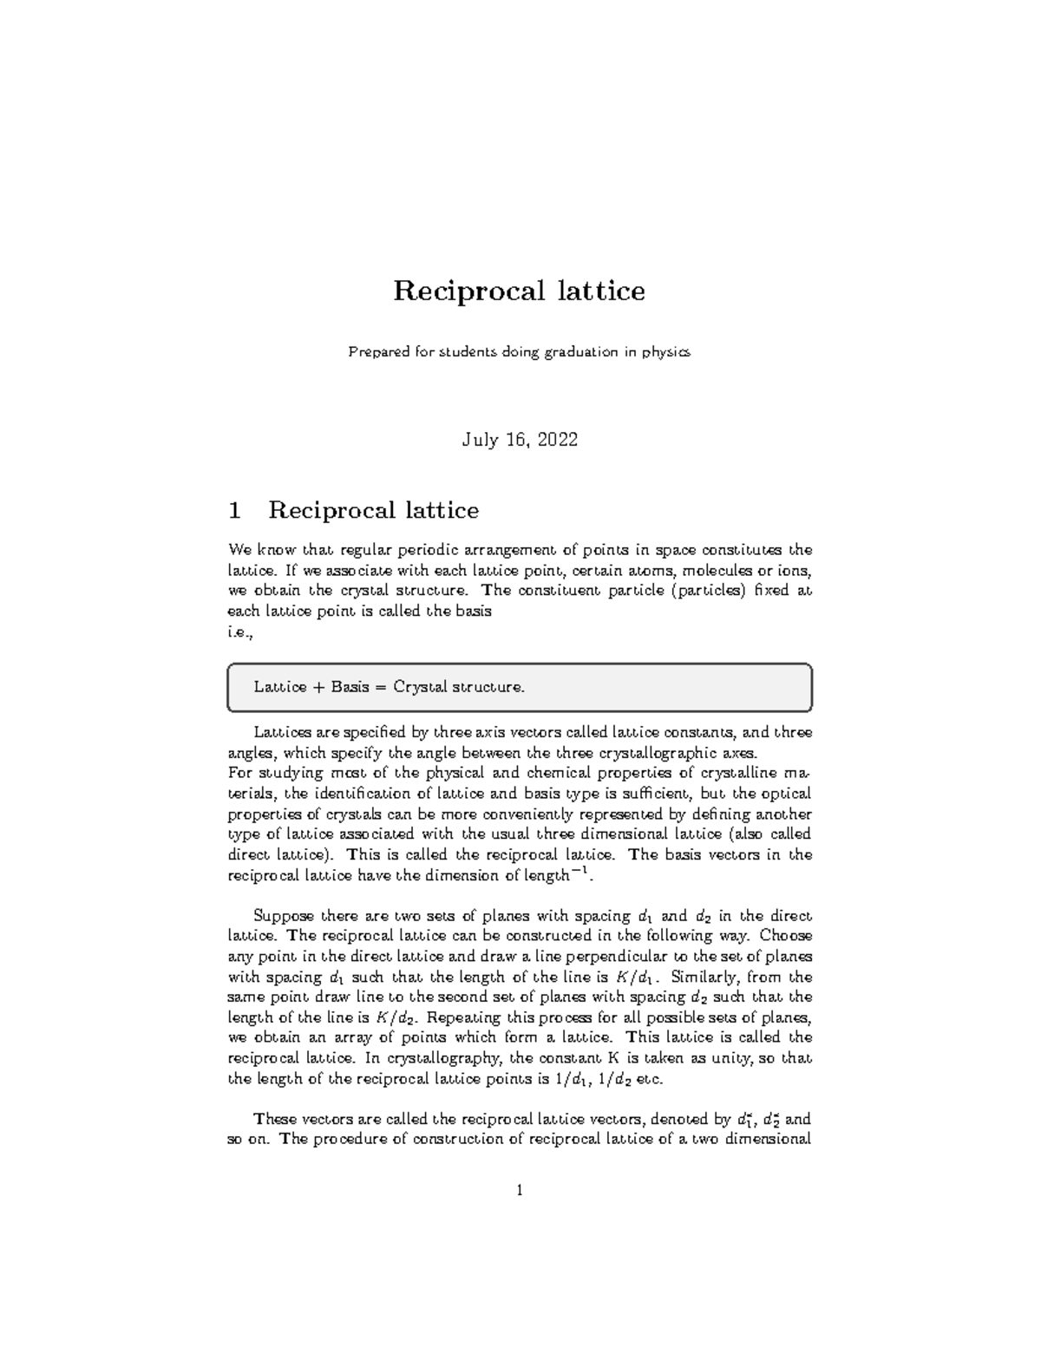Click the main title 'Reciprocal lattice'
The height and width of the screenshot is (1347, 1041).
[519, 291]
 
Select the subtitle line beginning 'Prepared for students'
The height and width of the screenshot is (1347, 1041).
[519, 352]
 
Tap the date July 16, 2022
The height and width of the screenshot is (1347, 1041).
[520, 440]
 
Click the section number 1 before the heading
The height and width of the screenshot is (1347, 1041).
[233, 510]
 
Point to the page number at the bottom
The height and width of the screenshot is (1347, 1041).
[520, 1191]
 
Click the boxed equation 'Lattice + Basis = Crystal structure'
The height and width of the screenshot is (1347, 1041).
[390, 687]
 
